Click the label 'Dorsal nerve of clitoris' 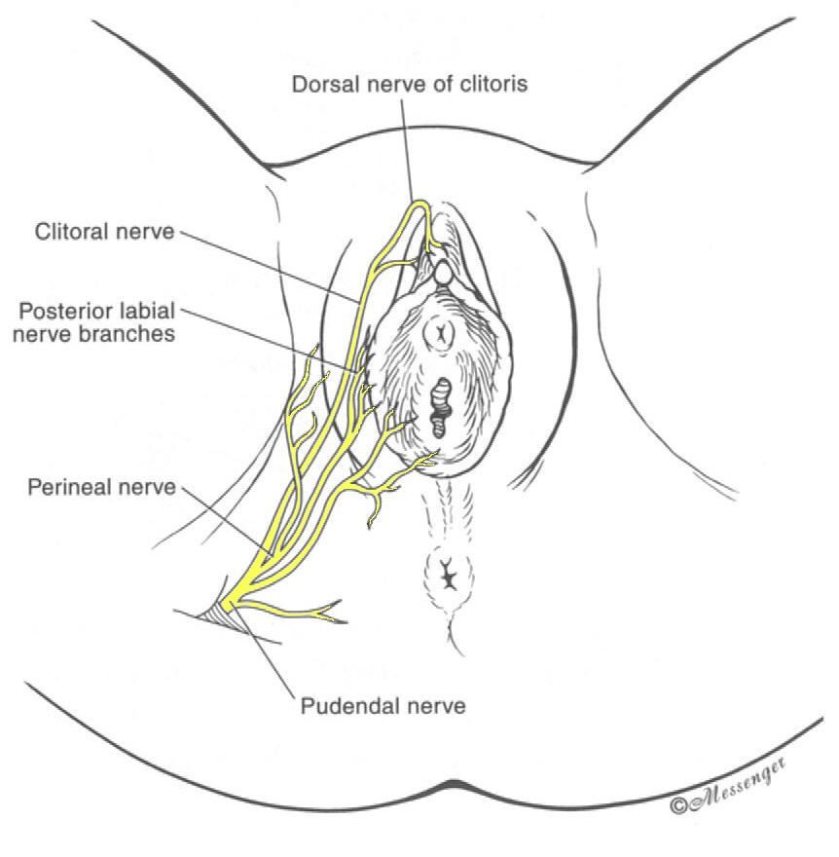(410, 84)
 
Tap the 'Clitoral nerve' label (104, 232)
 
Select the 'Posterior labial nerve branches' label (94, 322)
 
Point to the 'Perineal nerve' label (101, 487)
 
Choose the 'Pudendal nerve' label (383, 706)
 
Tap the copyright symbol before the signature (679, 806)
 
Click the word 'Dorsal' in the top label (323, 84)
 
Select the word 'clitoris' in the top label (493, 84)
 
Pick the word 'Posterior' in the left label (59, 312)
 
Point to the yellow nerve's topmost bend (420, 205)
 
